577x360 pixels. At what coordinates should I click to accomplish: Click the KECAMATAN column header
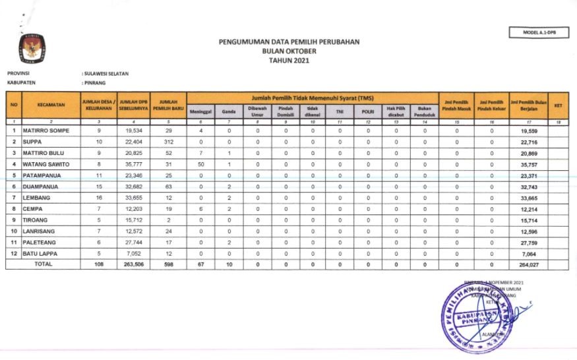(x=50, y=105)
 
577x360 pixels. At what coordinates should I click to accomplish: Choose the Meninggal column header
(x=200, y=112)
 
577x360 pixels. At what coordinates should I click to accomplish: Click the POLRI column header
(x=368, y=112)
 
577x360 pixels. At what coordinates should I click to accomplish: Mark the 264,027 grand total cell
(x=529, y=264)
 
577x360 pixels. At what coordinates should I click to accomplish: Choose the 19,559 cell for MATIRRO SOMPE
(x=529, y=131)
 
